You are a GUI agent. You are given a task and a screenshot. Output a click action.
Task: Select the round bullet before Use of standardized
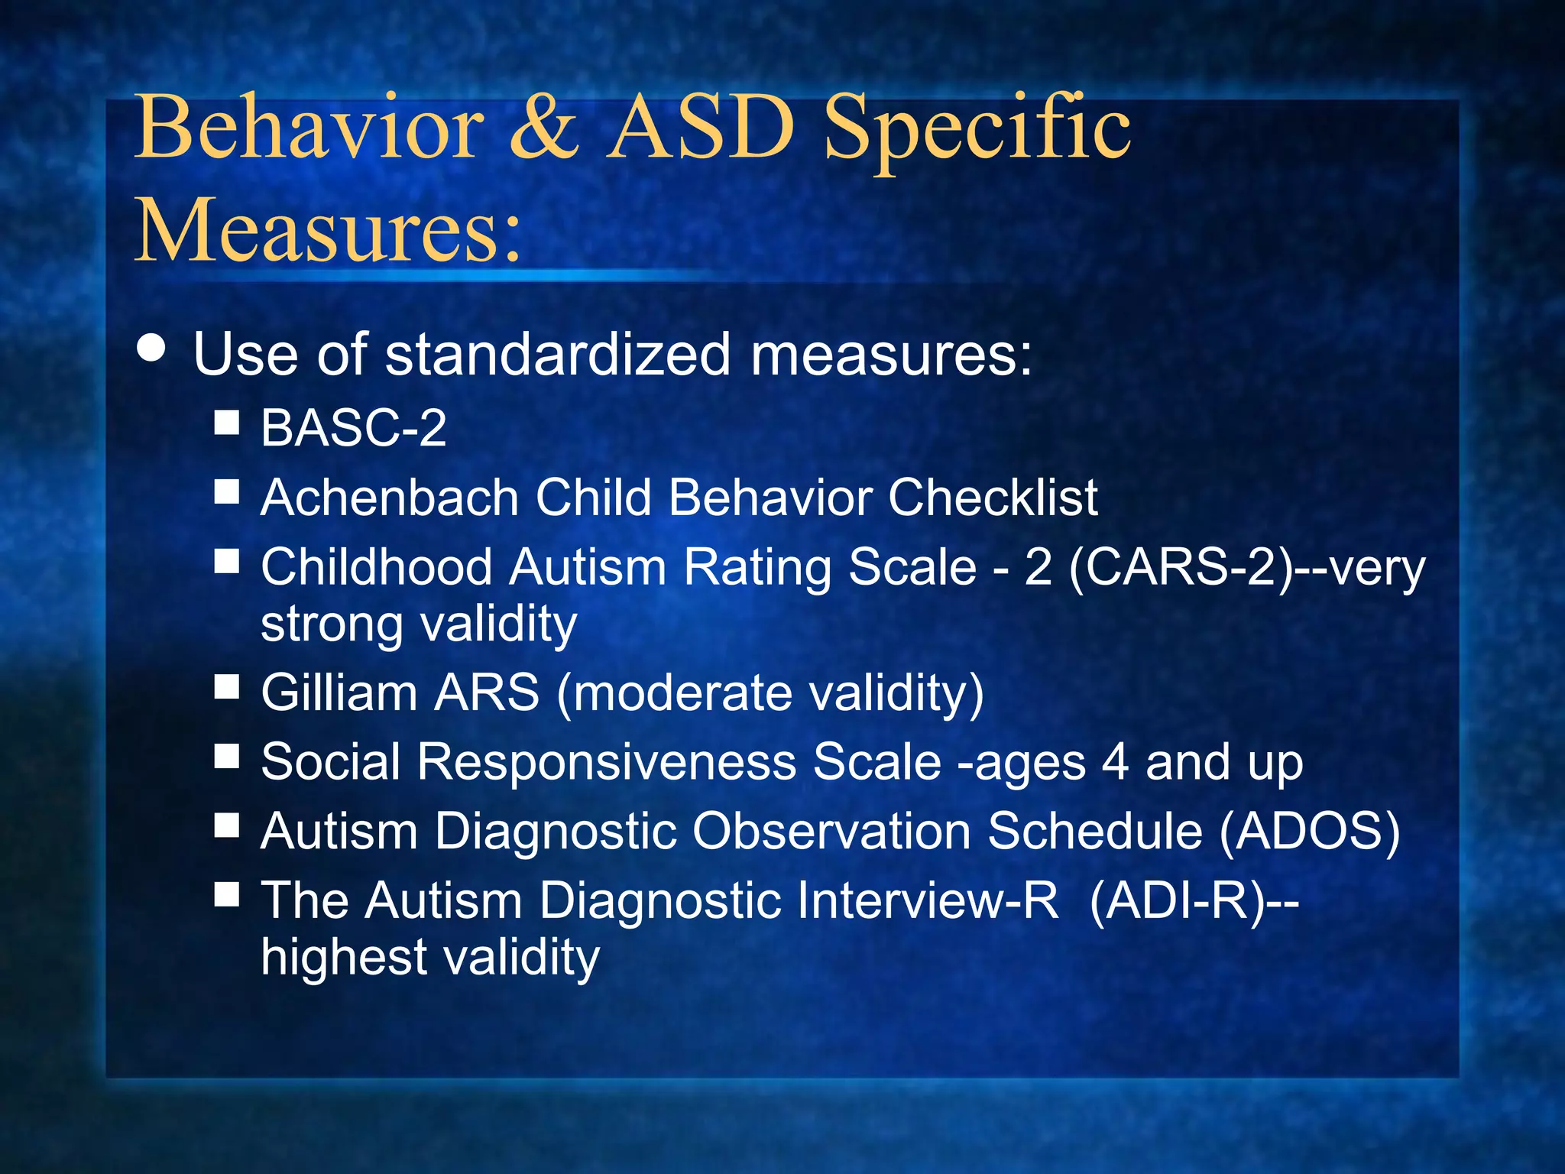coord(152,348)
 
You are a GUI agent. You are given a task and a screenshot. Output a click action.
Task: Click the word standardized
coord(558,355)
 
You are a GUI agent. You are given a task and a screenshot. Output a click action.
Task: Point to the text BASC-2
coord(353,427)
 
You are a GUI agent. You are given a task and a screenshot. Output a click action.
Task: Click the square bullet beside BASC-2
coord(227,421)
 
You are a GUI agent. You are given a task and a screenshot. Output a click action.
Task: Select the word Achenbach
coord(390,498)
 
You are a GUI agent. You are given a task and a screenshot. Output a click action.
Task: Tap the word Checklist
coord(993,498)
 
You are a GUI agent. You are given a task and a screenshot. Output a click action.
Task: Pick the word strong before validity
coord(332,624)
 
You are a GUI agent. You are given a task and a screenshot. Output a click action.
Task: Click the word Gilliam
coord(339,692)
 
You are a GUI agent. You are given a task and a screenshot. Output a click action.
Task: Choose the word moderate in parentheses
coord(676,692)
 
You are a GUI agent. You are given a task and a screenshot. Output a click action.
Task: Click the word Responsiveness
coord(605,762)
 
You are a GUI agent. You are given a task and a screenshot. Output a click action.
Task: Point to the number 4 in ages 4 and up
coord(1115,762)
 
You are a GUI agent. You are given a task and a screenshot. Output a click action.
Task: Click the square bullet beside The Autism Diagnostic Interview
coord(227,893)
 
